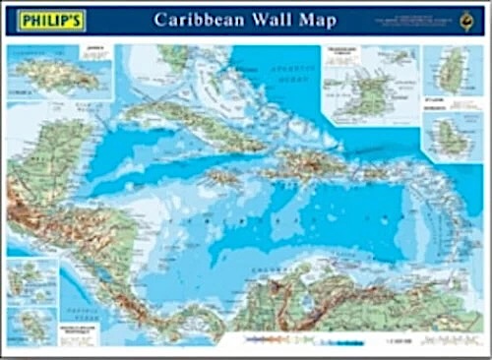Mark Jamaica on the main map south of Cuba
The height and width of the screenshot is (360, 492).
[223, 178]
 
